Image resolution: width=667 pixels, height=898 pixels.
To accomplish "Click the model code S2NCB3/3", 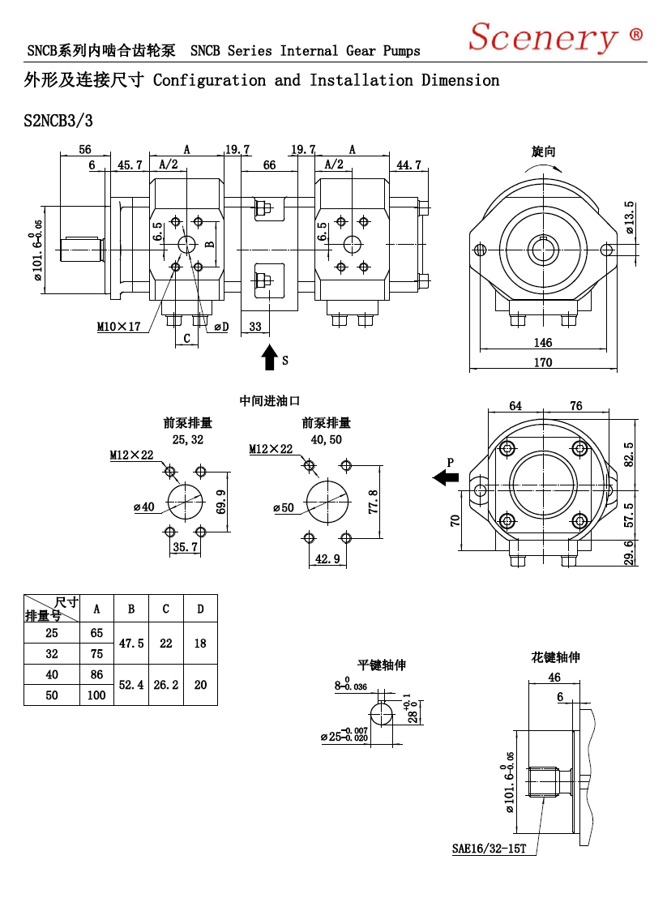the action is tap(58, 121).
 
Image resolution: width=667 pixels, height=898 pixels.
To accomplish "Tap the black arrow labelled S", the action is tap(269, 357).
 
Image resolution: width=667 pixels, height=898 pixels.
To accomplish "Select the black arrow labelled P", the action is tap(446, 477).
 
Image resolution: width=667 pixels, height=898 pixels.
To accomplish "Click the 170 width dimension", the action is tap(543, 362).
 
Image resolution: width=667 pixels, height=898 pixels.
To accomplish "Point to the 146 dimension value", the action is tap(543, 343).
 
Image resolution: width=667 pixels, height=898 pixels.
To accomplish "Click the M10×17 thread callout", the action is tap(118, 327).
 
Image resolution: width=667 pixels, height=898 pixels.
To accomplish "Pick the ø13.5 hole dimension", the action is tap(629, 217).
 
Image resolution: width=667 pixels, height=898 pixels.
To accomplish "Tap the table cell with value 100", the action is tap(96, 695).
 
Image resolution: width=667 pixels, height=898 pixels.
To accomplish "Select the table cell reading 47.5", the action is tap(131, 644).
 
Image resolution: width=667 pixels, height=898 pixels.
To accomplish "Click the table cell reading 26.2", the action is tap(166, 684).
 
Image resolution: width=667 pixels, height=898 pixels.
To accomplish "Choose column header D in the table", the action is tap(200, 609).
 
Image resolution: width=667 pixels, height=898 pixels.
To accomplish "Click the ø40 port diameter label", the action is tap(143, 507).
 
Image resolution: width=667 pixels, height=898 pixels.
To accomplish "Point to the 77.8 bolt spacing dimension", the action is tap(373, 501).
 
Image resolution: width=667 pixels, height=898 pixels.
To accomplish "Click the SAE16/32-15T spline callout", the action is tap(489, 849).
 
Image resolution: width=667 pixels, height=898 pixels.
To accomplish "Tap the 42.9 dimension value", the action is tap(327, 558).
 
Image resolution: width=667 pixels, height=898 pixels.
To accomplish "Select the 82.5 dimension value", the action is tap(629, 454).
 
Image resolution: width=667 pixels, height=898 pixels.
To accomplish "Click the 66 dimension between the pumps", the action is tap(269, 165).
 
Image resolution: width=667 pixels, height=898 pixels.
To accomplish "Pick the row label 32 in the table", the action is tap(52, 653).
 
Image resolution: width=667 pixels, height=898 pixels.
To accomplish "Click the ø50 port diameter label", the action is tap(284, 507).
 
